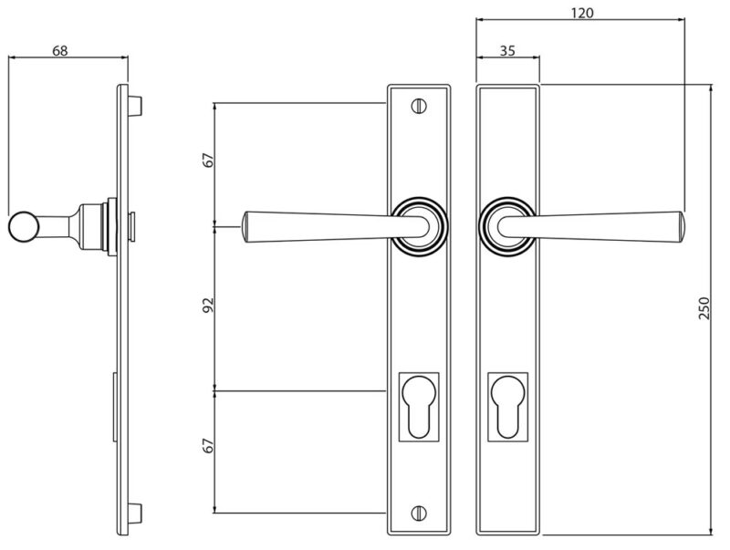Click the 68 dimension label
[x=59, y=50]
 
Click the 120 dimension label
[x=582, y=13]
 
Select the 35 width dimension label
[x=507, y=51]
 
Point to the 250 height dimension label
[x=704, y=308]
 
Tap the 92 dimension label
[x=208, y=305]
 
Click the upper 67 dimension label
[x=209, y=160]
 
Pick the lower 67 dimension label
[x=209, y=445]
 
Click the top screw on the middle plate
[x=419, y=106]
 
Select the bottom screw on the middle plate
[x=419, y=513]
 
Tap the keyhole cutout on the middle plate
[x=419, y=407]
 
